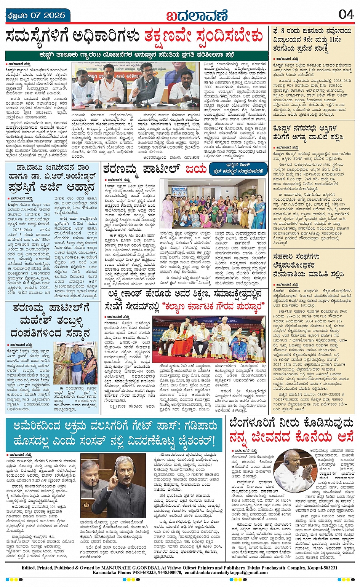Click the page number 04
tap(346, 14)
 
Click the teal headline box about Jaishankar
tap(114, 434)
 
